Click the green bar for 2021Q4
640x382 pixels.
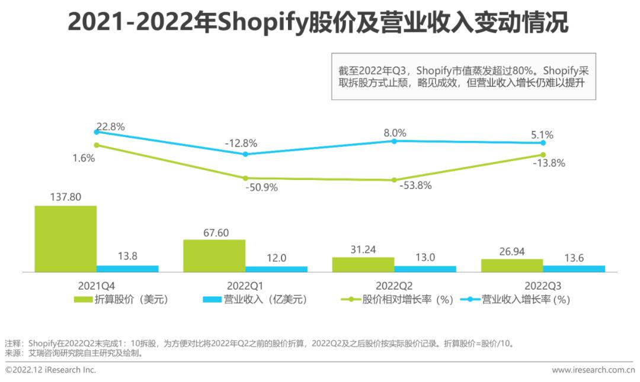(x=65, y=238)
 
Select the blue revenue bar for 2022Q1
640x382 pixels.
(x=276, y=269)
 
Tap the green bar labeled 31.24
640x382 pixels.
(x=363, y=264)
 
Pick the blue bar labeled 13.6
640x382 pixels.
(x=574, y=268)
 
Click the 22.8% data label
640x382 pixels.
(x=110, y=127)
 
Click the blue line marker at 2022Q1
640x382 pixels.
(x=245, y=154)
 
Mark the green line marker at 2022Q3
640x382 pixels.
(x=543, y=155)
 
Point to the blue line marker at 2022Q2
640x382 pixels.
(x=394, y=141)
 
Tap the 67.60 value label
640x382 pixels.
(x=213, y=231)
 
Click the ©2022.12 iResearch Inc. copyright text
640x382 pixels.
(x=50, y=370)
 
